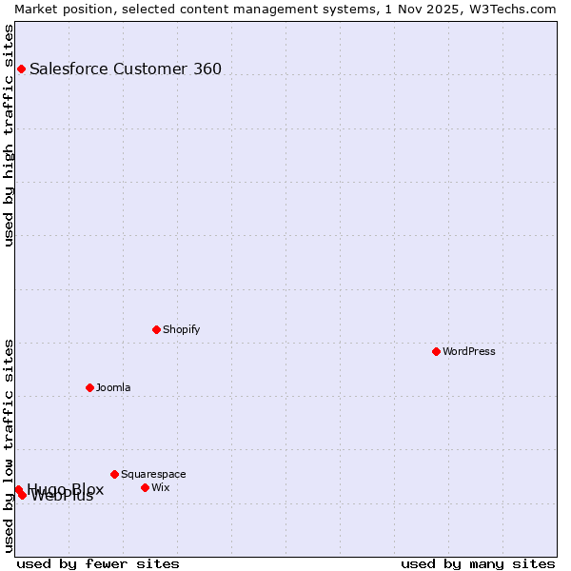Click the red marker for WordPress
point(436,351)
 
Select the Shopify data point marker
point(156,329)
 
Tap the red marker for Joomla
point(89,387)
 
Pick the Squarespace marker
point(114,474)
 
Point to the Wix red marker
point(145,487)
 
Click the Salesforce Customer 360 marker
point(21,69)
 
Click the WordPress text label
point(469,351)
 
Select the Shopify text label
point(181,329)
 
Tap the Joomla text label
point(113,387)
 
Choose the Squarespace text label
point(153,474)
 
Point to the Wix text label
point(160,487)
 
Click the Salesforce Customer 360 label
point(126,69)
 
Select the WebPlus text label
point(63,496)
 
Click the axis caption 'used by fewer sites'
point(98,563)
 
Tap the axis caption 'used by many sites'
point(478,563)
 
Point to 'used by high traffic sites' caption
point(9,135)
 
